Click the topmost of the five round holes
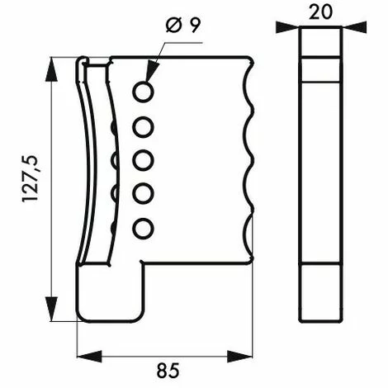[144, 92]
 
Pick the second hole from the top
[144, 126]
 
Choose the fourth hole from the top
[144, 193]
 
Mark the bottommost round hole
[144, 226]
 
